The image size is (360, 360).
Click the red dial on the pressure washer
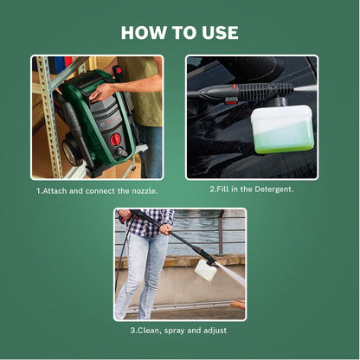pos(115,139)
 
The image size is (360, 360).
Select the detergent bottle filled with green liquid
pos(282,130)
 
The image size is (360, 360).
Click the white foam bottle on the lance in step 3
pos(206,271)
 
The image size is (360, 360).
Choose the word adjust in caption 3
pos(223,331)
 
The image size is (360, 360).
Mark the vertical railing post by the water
pos(220,234)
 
